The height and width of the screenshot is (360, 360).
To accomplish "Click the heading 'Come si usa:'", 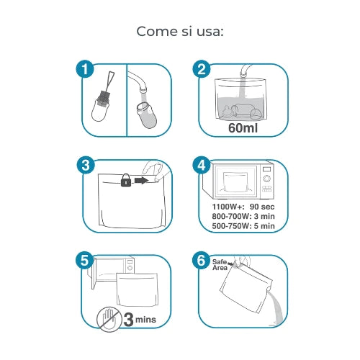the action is point(180,32).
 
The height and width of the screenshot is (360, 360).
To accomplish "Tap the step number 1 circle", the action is point(85,69).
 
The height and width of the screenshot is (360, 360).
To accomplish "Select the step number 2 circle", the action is point(202,69).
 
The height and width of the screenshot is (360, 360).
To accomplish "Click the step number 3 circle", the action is point(86,166).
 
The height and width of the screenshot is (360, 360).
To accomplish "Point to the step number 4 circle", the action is point(202,166).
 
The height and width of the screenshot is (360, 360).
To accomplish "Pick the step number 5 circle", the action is point(85,261).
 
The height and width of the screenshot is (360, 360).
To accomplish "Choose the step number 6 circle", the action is point(201,261).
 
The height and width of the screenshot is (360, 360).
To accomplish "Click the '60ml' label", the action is point(243,127).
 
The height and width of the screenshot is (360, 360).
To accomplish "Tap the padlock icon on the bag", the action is point(126,180).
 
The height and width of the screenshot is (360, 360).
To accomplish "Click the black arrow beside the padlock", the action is point(141,180).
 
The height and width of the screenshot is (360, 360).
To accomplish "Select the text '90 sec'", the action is point(262,207).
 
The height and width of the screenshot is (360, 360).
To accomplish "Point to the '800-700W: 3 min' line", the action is point(243,216).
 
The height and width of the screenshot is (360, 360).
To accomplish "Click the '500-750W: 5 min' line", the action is point(243,226).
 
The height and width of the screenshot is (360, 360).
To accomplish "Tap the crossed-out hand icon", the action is point(109,319).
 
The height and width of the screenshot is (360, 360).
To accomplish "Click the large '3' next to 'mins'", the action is point(129,320).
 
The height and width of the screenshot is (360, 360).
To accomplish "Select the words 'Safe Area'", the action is point(220,265).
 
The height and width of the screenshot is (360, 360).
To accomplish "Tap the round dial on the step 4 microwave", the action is point(266,179).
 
